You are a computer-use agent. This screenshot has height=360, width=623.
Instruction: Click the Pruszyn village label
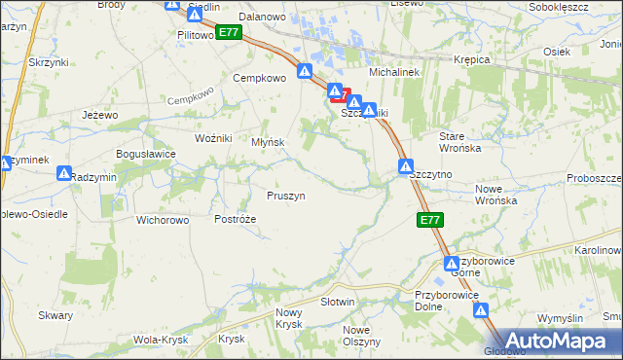pyautogui.click(x=286, y=196)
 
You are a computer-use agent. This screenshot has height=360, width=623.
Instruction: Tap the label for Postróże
pyautogui.click(x=235, y=219)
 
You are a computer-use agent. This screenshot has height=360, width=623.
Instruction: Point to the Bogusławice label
pyautogui.click(x=145, y=154)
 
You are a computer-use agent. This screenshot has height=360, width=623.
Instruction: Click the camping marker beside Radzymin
pyautogui.click(x=64, y=173)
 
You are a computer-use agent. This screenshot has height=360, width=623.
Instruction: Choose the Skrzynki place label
pyautogui.click(x=48, y=61)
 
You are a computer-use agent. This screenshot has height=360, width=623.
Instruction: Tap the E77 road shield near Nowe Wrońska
pyautogui.click(x=431, y=221)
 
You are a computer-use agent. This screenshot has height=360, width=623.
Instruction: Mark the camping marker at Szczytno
pyautogui.click(x=406, y=166)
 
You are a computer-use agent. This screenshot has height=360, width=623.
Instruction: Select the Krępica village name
pyautogui.click(x=472, y=59)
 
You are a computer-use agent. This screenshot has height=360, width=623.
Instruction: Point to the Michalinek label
pyautogui.click(x=392, y=73)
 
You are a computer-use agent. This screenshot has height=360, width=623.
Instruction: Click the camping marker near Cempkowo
pyautogui.click(x=305, y=71)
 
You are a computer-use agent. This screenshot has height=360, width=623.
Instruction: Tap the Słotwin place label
pyautogui.click(x=337, y=303)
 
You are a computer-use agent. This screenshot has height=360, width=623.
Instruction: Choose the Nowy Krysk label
pyautogui.click(x=290, y=318)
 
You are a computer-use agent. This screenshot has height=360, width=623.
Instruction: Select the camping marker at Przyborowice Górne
pyautogui.click(x=453, y=264)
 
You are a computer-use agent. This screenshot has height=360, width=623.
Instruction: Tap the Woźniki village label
pyautogui.click(x=213, y=138)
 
